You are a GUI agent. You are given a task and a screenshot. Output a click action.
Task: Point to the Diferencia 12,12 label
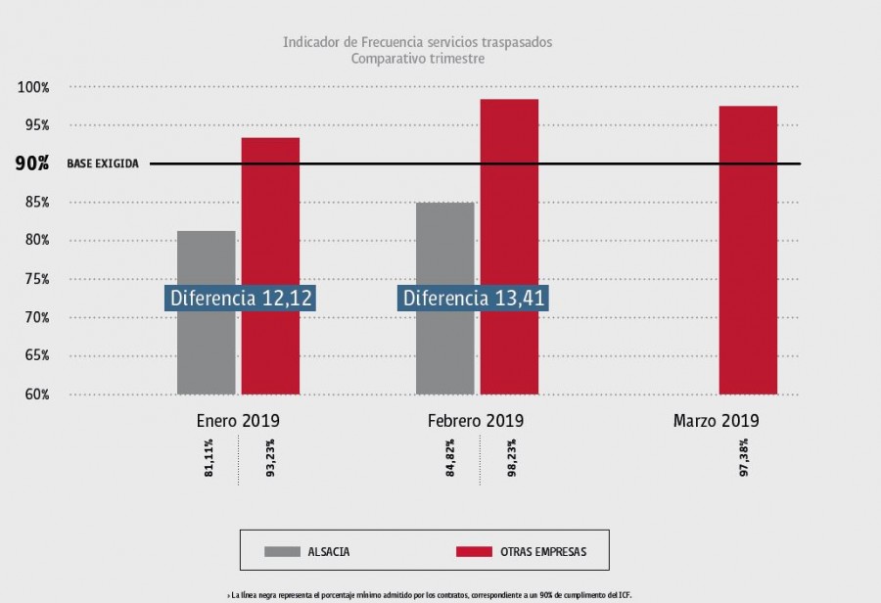click(241, 299)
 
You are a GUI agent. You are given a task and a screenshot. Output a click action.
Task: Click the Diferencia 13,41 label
click(474, 299)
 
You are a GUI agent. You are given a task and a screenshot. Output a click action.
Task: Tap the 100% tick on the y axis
click(33, 88)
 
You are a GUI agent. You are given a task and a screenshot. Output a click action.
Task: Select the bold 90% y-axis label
click(32, 163)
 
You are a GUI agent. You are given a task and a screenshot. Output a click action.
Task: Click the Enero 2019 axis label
click(238, 421)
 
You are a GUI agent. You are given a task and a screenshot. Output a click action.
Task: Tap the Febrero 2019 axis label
click(476, 421)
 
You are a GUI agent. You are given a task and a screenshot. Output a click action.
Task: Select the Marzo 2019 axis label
click(716, 421)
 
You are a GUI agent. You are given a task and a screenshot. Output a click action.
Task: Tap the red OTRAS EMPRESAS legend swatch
click(475, 552)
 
